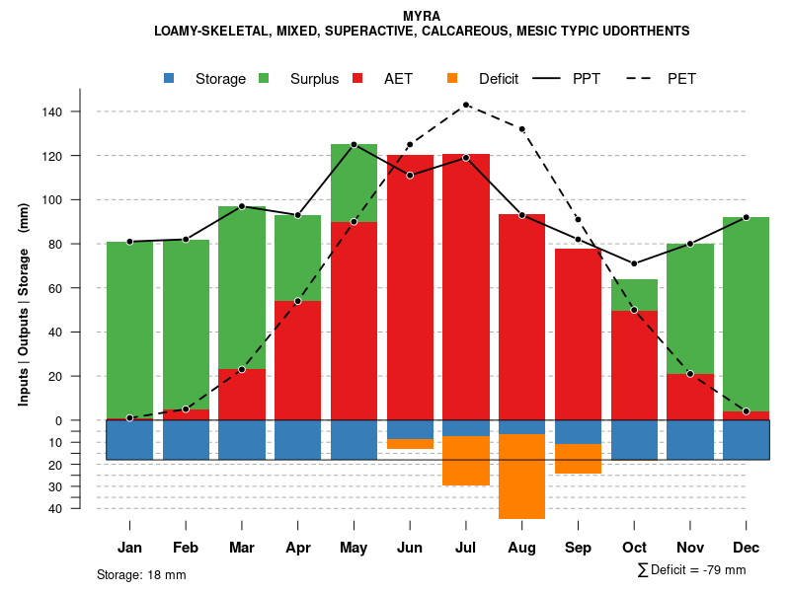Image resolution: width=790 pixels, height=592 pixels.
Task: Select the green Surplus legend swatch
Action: [x=265, y=78]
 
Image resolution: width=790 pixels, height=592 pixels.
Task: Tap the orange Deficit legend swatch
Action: [x=453, y=78]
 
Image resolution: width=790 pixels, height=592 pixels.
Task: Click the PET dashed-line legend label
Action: [x=681, y=79]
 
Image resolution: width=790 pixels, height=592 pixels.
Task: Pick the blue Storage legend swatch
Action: [x=170, y=78]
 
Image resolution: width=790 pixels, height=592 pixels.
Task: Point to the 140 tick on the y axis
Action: [x=51, y=112]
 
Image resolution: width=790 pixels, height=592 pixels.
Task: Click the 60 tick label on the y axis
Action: [x=55, y=288]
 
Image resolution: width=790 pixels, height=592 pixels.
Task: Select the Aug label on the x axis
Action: [x=521, y=548]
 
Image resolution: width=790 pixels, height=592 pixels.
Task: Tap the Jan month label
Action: [x=129, y=548]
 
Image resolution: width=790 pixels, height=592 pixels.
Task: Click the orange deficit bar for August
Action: [x=521, y=477]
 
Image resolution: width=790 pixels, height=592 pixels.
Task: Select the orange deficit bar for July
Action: [x=465, y=461]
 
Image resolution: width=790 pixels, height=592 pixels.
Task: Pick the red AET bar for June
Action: [x=410, y=286]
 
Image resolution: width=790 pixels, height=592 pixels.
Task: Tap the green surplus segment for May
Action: [x=354, y=183]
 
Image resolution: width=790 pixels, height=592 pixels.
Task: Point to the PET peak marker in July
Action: [x=466, y=105]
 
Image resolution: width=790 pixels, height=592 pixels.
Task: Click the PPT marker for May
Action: [x=354, y=145]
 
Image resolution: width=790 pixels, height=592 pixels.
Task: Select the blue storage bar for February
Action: [x=186, y=439]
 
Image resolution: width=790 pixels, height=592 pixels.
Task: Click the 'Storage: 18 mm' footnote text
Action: [x=141, y=574]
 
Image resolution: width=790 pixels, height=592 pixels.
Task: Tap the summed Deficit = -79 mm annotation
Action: [x=691, y=569]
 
